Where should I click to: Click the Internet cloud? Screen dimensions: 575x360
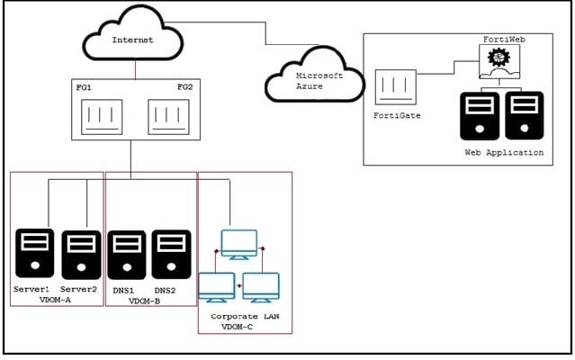(x=133, y=33)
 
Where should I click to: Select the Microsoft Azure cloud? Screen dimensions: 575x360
(x=315, y=76)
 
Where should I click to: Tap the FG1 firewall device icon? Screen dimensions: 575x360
(x=102, y=117)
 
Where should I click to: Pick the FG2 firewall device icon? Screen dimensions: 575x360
(x=168, y=117)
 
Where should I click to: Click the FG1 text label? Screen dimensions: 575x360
(x=84, y=87)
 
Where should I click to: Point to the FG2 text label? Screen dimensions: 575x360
(x=184, y=87)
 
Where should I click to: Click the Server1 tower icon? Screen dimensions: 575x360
(x=35, y=253)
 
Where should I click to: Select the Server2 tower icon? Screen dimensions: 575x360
(x=81, y=255)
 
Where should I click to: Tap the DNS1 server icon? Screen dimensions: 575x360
(x=127, y=255)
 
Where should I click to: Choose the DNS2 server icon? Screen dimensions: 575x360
(x=171, y=254)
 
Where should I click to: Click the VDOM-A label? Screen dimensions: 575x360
(x=55, y=300)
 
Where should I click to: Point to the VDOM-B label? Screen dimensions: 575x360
(x=144, y=301)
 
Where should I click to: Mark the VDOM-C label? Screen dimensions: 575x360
(x=237, y=327)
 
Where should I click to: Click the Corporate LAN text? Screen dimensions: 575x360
(x=245, y=317)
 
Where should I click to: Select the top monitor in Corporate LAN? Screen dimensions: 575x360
(x=239, y=245)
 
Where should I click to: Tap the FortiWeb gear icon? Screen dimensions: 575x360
(x=499, y=58)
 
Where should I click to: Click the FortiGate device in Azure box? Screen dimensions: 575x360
(x=396, y=87)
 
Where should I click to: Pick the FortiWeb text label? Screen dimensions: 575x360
(x=504, y=40)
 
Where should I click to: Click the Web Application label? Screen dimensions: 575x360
(x=504, y=152)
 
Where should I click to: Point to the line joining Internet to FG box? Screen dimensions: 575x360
(x=135, y=69)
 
